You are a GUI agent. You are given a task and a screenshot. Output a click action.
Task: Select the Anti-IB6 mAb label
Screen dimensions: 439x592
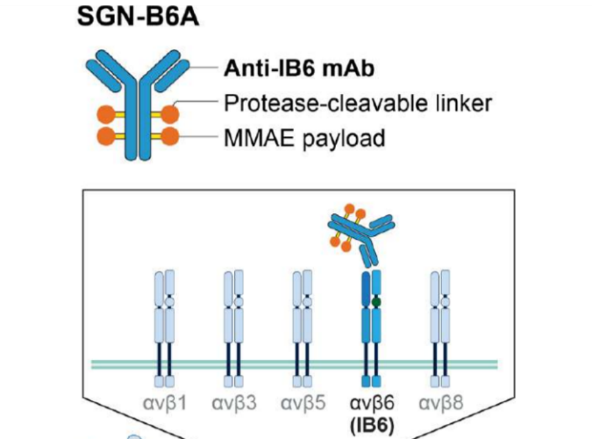(x=299, y=69)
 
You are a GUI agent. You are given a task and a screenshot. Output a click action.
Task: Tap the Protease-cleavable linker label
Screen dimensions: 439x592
(x=357, y=104)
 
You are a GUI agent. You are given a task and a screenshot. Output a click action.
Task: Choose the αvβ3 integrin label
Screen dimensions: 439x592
(x=234, y=402)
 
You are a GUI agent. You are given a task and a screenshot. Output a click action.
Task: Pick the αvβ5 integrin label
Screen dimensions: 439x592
(x=303, y=402)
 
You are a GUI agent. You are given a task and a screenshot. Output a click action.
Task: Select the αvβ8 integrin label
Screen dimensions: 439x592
(x=440, y=402)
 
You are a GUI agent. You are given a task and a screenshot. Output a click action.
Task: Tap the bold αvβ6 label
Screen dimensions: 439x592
(x=372, y=402)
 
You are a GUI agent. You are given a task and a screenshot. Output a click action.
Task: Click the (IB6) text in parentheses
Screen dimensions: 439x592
(x=372, y=423)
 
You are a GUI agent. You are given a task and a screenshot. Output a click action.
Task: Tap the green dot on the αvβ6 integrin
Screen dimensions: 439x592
(x=376, y=301)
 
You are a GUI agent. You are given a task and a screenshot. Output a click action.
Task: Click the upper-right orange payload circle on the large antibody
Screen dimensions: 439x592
(x=170, y=113)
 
